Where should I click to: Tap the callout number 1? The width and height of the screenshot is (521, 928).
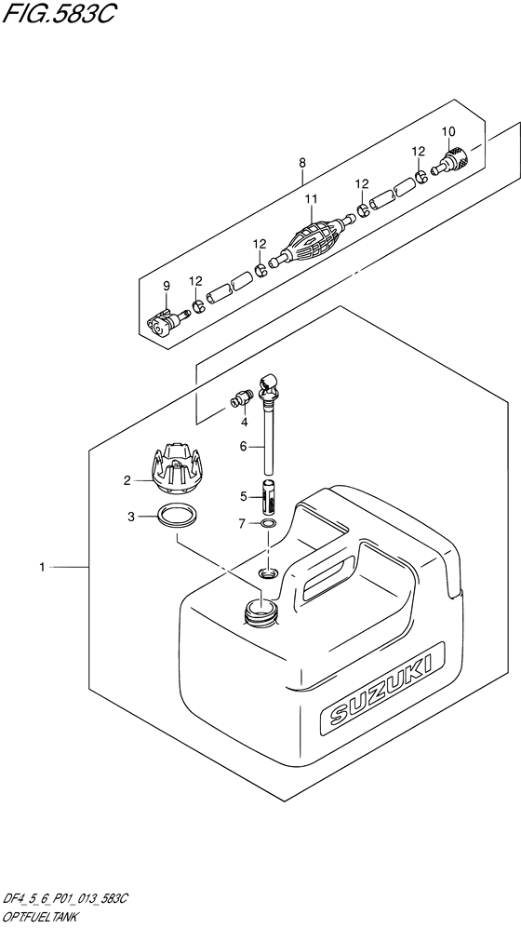(44, 566)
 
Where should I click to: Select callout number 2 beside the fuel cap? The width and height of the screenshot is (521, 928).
(127, 481)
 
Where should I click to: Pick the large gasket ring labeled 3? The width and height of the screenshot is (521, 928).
(176, 517)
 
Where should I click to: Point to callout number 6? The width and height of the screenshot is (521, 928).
(244, 447)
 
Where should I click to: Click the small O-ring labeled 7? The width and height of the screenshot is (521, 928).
(267, 524)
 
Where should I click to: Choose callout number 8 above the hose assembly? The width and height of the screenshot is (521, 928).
(302, 163)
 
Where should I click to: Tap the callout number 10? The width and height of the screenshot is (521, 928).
(448, 130)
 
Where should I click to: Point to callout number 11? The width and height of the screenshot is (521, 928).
(312, 198)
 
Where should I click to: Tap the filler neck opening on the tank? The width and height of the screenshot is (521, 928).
(260, 611)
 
